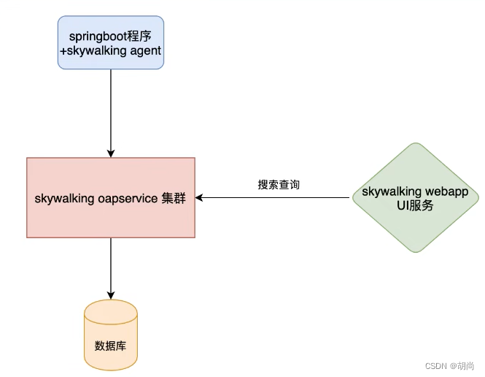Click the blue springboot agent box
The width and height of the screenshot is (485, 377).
(111, 43)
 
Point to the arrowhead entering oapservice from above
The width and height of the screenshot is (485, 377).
(111, 153)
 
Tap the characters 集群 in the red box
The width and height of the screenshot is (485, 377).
(174, 198)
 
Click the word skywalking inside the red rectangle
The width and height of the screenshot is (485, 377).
(64, 198)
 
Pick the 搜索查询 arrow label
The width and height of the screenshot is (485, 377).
(279, 185)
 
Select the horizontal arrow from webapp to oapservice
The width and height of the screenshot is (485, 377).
(277, 198)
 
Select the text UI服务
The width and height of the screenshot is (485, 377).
(415, 206)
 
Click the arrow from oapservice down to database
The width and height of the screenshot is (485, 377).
(111, 267)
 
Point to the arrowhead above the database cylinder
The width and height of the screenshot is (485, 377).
(111, 295)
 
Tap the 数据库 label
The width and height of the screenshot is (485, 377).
(111, 346)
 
